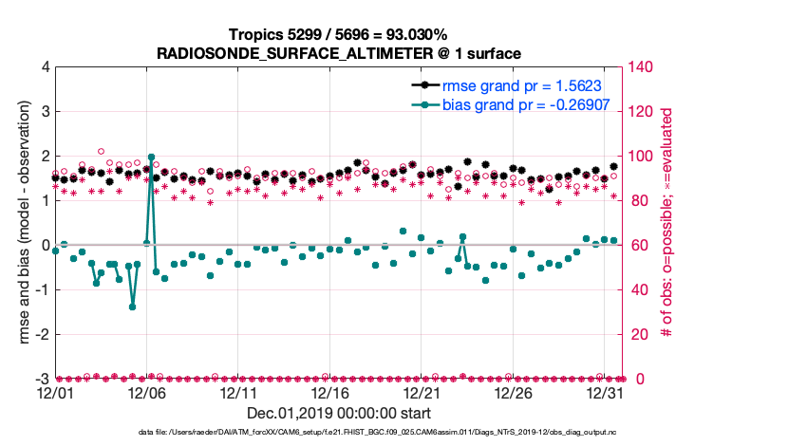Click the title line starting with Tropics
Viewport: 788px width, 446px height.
coord(339,33)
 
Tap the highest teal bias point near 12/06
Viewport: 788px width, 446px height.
coord(152,158)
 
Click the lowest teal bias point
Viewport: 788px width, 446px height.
coord(133,307)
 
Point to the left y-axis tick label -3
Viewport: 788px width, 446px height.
coord(42,379)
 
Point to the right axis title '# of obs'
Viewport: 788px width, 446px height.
coord(667,223)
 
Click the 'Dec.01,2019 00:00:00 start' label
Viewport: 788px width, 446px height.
coord(339,413)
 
